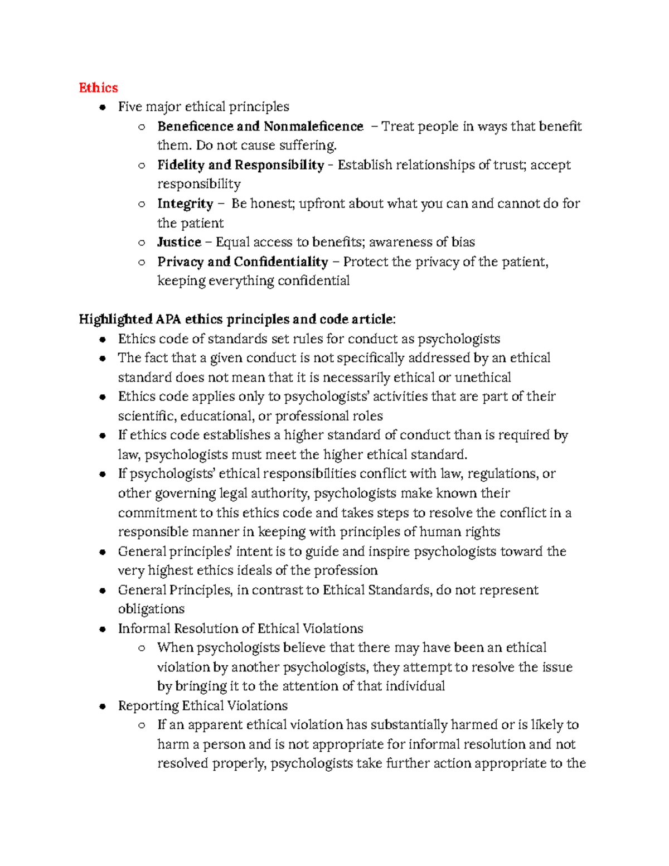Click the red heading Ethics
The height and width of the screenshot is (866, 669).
[98, 88]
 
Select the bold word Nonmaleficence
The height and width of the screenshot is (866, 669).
[313, 127]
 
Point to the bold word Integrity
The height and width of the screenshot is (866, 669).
[185, 204]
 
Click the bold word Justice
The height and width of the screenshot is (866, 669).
[179, 242]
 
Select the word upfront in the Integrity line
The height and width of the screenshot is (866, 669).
[322, 204]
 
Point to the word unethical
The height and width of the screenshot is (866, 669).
[483, 378]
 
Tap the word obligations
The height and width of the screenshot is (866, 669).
[151, 609]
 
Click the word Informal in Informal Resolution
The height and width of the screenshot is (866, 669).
[144, 628]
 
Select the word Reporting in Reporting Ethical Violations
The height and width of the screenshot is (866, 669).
[148, 706]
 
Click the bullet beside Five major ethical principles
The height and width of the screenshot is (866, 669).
[102, 107]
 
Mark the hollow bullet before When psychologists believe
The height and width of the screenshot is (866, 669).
[142, 648]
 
